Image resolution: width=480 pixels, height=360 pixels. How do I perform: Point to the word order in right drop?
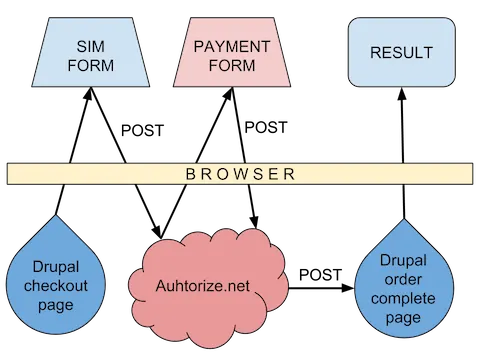click(401, 280)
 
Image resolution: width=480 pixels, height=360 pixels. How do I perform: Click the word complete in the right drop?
click(401, 298)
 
